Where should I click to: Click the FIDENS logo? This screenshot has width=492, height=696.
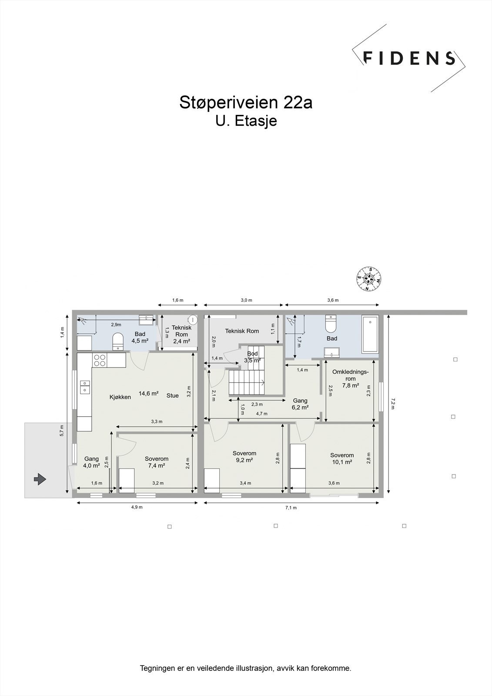[x=409, y=58]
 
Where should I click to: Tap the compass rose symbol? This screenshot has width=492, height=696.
[x=369, y=279]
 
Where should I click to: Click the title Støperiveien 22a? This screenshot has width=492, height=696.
[x=246, y=103]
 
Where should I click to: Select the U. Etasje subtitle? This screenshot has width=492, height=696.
[x=246, y=121]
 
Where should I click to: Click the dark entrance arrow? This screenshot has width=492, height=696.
[x=40, y=479]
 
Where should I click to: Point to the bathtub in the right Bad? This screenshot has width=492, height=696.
[x=370, y=335]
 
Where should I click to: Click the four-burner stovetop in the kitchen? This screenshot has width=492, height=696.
[x=100, y=360]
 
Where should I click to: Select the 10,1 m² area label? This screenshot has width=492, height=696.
[x=342, y=462]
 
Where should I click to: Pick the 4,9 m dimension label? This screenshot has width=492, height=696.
[x=137, y=507]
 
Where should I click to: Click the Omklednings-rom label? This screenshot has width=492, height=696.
[x=350, y=375]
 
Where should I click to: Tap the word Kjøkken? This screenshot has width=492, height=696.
[x=120, y=397]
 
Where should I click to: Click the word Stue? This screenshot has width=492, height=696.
[x=173, y=395]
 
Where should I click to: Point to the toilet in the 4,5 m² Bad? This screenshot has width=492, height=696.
[x=118, y=341]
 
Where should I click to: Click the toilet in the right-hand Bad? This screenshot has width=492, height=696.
[x=330, y=324]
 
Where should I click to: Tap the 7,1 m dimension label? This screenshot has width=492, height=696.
[x=291, y=508]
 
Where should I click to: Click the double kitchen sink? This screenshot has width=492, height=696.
[x=85, y=387]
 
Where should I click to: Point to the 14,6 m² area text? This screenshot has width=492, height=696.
[x=149, y=393]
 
